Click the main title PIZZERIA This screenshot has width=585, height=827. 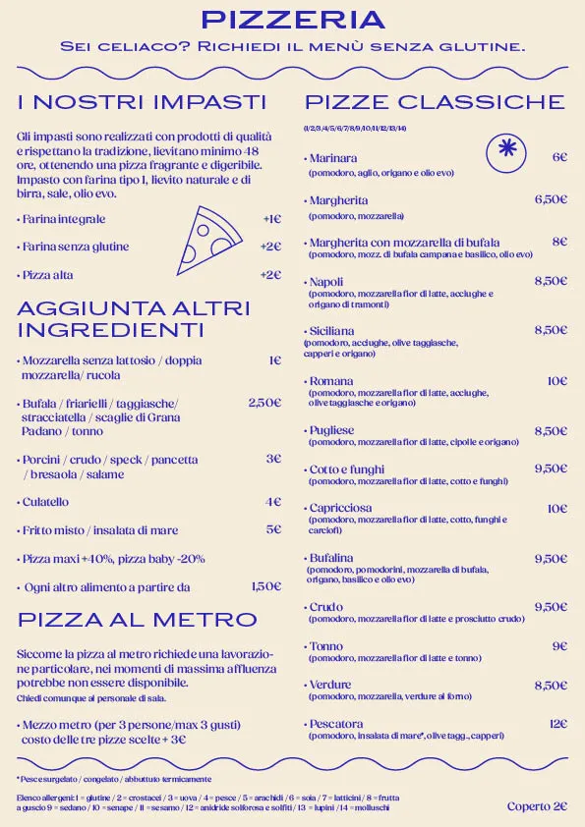point(292,20)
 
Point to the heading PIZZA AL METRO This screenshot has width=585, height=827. point(138,620)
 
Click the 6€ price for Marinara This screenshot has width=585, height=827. point(559,157)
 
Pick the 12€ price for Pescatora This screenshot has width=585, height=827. point(557,724)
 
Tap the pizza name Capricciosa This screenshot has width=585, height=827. point(340,509)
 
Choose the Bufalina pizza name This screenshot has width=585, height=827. point(331,559)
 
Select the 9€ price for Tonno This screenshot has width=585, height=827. point(559,646)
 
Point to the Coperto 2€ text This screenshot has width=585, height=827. point(537,806)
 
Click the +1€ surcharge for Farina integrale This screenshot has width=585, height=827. point(271,220)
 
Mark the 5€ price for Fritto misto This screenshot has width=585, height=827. point(273,529)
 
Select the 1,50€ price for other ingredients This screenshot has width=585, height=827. point(265,586)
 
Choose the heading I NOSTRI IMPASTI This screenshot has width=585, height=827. point(143,102)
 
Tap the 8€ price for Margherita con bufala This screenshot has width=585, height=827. point(559,242)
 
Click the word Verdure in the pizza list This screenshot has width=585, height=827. point(330,685)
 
